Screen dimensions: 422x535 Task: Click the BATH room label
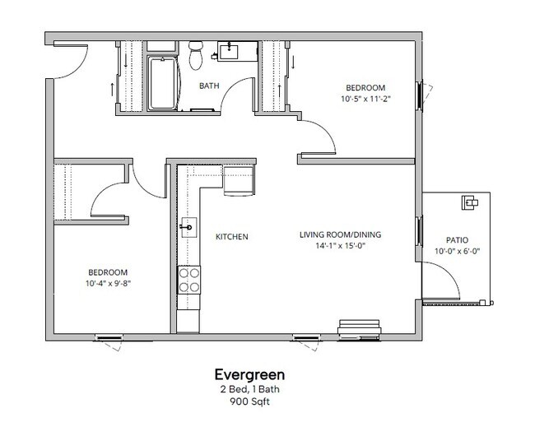pyautogui.click(x=208, y=85)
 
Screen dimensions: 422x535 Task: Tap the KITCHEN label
pyautogui.click(x=231, y=237)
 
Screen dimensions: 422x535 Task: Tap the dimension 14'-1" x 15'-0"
pyautogui.click(x=340, y=245)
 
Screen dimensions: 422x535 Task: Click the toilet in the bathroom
pyautogui.click(x=196, y=55)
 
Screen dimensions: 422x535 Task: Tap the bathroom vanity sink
pyautogui.click(x=228, y=52)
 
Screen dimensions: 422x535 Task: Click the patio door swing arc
pyautogui.click(x=448, y=284)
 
